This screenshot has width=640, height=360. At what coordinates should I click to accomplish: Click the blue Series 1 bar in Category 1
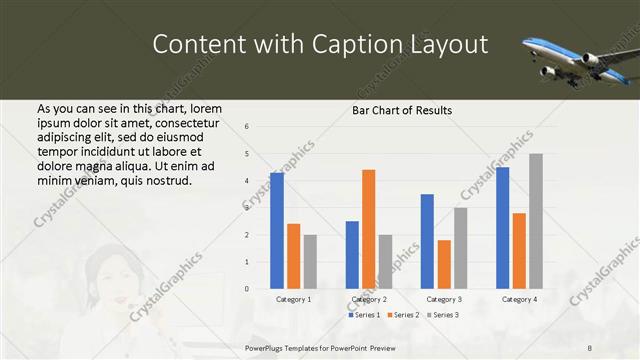[277, 231]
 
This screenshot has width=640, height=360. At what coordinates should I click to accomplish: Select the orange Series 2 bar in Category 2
[368, 229]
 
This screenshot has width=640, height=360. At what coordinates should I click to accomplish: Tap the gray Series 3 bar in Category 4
[536, 221]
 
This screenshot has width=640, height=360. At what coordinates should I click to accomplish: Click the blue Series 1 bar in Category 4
[502, 228]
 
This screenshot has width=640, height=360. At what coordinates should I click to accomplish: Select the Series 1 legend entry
[365, 315]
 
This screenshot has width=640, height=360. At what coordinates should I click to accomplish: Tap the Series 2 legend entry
[405, 315]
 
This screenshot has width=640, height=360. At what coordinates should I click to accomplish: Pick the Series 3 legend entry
[444, 315]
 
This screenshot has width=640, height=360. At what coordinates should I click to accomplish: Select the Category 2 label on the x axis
[369, 299]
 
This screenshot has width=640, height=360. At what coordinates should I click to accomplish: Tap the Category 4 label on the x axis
[519, 299]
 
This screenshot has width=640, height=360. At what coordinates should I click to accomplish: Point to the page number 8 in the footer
[589, 348]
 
